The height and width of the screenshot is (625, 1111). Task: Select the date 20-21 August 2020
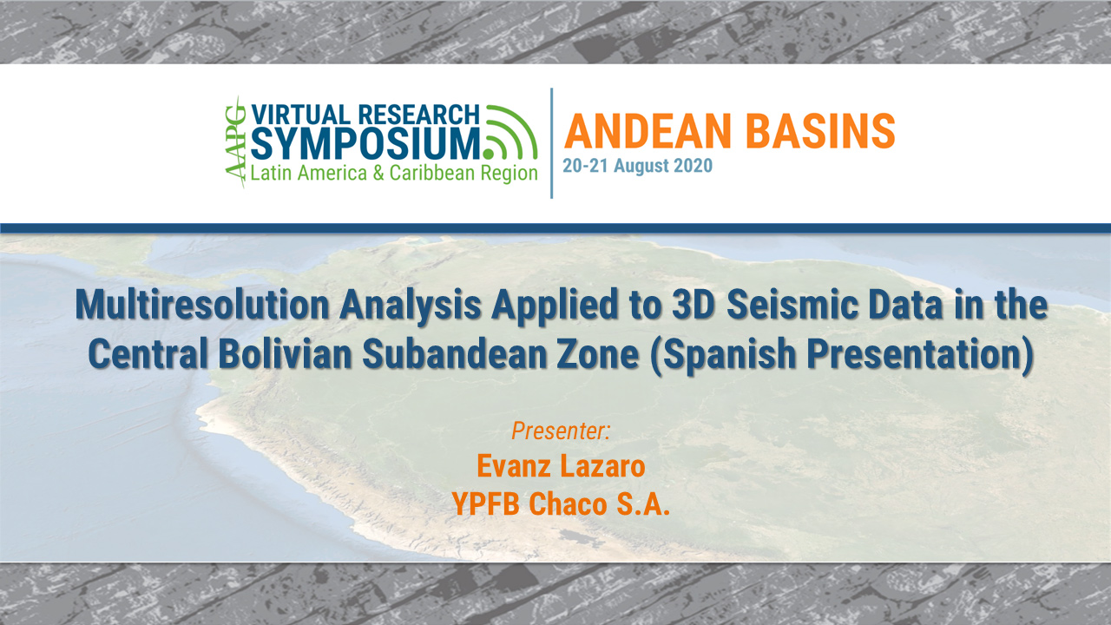tap(637, 166)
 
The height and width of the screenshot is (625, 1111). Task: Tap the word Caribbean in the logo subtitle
tap(430, 173)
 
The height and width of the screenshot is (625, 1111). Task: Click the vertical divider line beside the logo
tap(552, 143)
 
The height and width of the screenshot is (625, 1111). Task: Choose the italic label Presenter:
tap(561, 430)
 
